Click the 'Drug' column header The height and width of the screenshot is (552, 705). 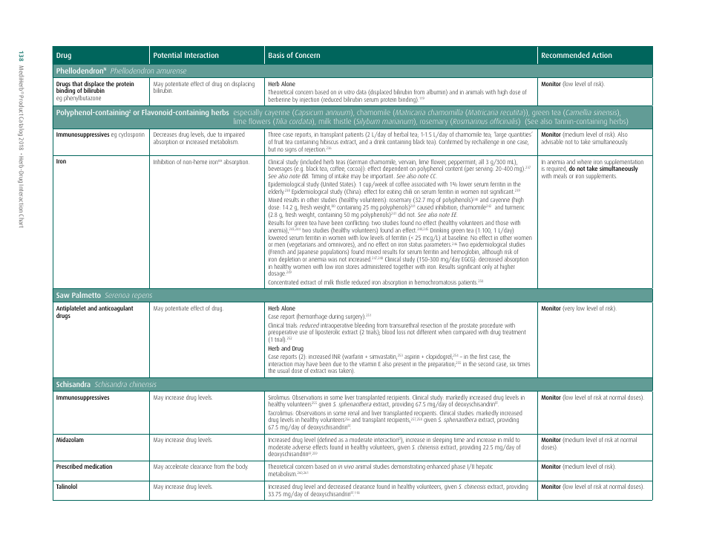64,56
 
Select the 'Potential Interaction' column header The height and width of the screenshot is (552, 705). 186,56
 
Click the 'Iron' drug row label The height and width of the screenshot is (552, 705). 62,161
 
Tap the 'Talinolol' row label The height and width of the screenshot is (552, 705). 69,486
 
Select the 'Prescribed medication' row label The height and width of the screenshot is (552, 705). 84,467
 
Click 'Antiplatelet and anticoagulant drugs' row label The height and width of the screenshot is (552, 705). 94,311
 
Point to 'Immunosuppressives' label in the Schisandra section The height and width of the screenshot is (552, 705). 82,397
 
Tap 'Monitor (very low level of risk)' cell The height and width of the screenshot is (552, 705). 578,308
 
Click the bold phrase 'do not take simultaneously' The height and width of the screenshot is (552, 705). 602,169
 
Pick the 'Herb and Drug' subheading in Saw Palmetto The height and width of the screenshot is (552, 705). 284,348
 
